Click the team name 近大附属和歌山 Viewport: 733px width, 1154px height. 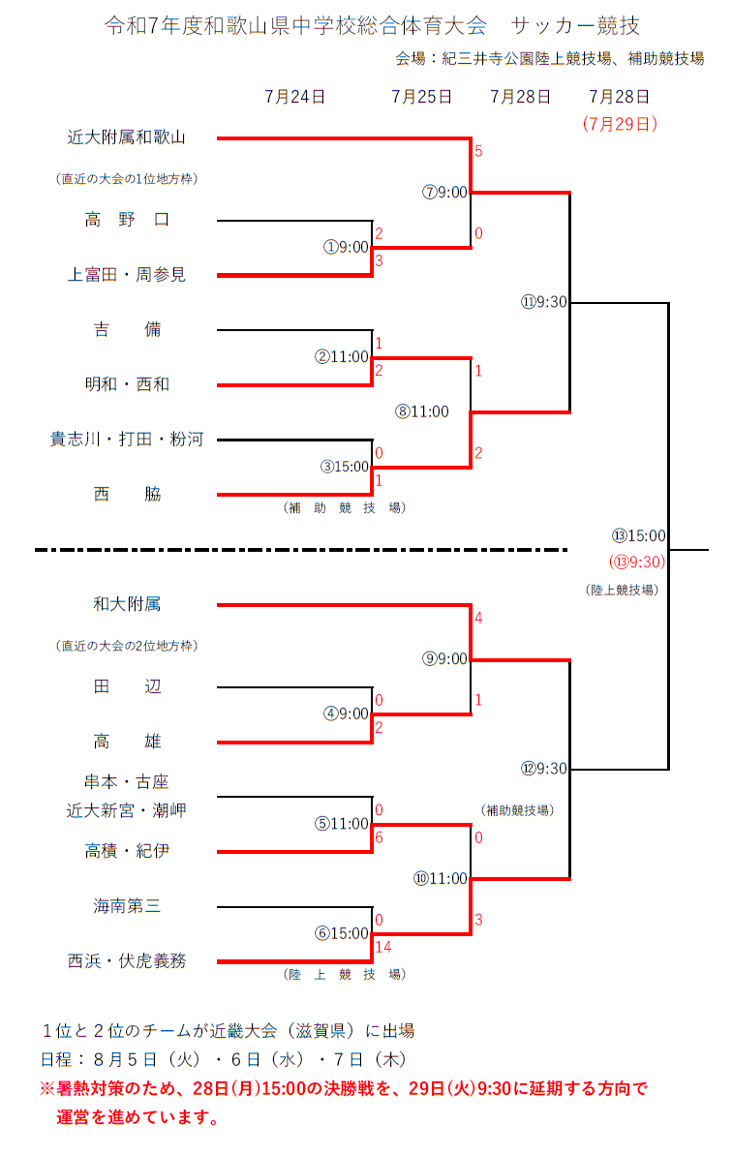(x=126, y=137)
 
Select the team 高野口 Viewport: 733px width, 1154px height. (x=126, y=220)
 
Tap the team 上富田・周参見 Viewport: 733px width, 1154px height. (x=126, y=275)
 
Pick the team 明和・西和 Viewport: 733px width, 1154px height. (x=126, y=384)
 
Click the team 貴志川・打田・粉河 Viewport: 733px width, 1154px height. (x=126, y=440)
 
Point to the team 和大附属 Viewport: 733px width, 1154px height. (x=126, y=604)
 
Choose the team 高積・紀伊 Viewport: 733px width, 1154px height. (x=126, y=851)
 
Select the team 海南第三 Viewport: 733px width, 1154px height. (x=126, y=906)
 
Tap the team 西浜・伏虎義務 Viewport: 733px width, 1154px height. (x=126, y=961)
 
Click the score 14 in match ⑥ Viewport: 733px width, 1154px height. (x=384, y=946)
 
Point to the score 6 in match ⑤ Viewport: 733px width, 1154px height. (x=380, y=836)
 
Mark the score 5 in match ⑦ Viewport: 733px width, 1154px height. (x=478, y=152)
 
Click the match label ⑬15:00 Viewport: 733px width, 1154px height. (x=638, y=535)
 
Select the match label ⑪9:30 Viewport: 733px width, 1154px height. (x=543, y=302)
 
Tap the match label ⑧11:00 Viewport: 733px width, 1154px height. (x=422, y=411)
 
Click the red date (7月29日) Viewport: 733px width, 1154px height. (x=620, y=124)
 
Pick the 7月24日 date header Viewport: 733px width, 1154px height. (x=294, y=97)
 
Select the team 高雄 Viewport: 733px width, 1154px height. (x=126, y=742)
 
